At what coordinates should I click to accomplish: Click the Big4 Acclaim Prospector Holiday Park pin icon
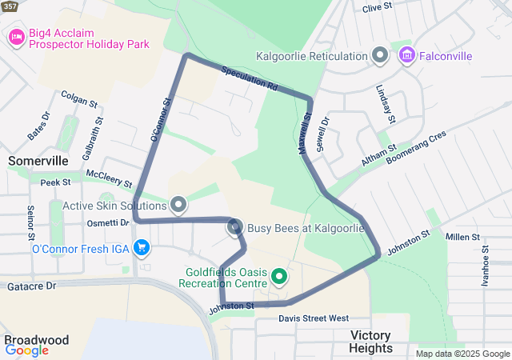(x=16, y=36)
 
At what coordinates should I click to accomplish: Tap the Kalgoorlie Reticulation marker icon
(x=381, y=56)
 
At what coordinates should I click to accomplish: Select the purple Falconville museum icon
(x=406, y=56)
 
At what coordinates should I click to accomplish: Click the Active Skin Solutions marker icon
(x=179, y=206)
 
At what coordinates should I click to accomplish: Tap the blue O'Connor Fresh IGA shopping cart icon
(x=142, y=248)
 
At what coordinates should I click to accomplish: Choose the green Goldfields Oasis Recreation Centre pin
(x=279, y=277)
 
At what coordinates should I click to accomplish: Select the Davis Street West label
(x=314, y=318)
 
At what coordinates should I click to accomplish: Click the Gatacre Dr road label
(x=29, y=285)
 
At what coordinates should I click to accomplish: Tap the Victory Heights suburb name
(x=371, y=342)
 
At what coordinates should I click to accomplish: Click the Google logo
(x=26, y=350)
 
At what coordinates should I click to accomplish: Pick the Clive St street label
(x=378, y=8)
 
